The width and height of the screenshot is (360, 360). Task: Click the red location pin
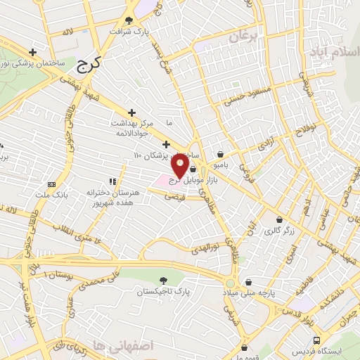click(180, 167)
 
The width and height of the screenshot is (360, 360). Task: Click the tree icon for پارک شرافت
click(128, 20)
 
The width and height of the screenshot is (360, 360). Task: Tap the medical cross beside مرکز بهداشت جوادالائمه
click(131, 112)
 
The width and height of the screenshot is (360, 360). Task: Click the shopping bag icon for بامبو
click(221, 154)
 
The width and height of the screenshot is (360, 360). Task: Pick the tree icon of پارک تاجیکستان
click(164, 280)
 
